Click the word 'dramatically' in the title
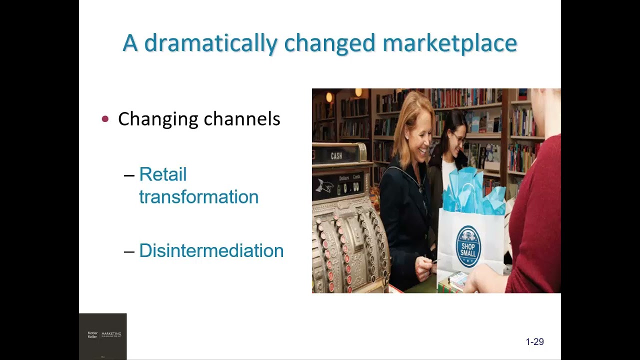(x=210, y=43)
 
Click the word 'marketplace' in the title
(x=449, y=43)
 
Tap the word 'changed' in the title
(x=329, y=43)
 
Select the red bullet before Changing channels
(x=105, y=119)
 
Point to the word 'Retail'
(x=162, y=174)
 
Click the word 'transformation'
(x=198, y=196)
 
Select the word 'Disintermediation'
(x=211, y=250)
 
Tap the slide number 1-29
(x=534, y=342)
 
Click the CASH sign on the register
(x=336, y=155)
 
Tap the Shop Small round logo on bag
(x=468, y=246)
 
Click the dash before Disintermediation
(x=129, y=251)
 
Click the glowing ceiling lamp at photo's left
(x=329, y=97)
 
